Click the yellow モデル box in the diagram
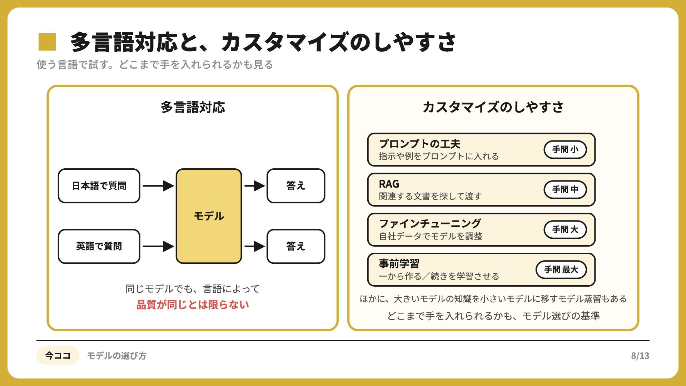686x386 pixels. click(209, 216)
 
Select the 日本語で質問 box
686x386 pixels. click(99, 186)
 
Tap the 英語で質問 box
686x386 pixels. click(99, 246)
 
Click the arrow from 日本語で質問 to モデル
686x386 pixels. click(158, 186)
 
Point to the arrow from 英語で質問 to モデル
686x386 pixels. click(158, 246)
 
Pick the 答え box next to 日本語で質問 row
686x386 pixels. click(296, 186)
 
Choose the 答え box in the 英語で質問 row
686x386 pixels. click(296, 246)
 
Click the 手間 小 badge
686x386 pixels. click(565, 149)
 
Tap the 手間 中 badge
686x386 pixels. click(565, 189)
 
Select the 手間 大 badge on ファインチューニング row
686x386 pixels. click(565, 229)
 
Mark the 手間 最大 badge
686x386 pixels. click(561, 269)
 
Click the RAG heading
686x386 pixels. click(389, 184)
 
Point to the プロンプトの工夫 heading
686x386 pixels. click(419, 144)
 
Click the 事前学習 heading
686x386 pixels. click(399, 264)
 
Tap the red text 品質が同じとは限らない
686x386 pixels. click(193, 305)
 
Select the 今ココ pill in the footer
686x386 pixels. click(58, 356)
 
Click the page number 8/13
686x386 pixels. click(640, 356)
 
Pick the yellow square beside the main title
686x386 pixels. click(47, 42)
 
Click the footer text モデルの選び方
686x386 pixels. click(117, 356)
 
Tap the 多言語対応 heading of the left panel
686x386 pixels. click(193, 107)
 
